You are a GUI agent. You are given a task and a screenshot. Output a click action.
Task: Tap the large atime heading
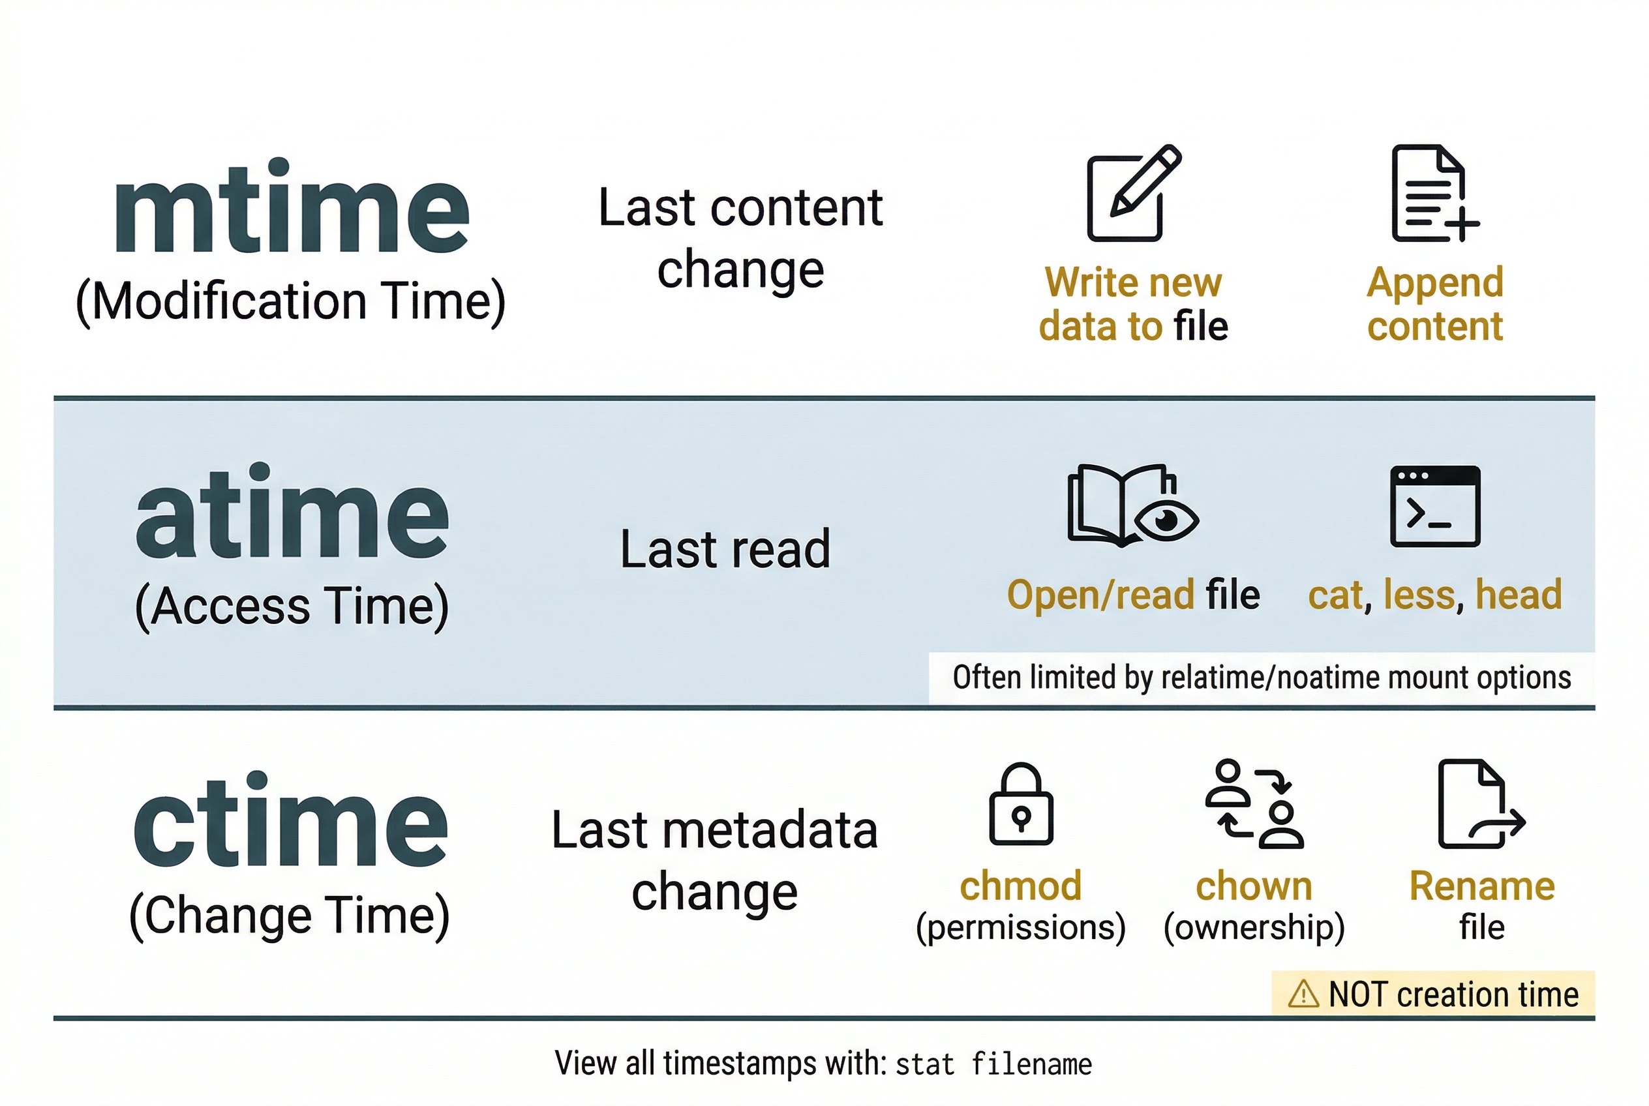pyautogui.click(x=292, y=513)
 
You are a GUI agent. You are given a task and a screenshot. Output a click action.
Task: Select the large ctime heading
pyautogui.click(x=290, y=822)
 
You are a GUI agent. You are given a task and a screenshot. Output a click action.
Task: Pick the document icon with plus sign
pyautogui.click(x=1433, y=194)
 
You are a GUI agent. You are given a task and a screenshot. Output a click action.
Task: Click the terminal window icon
pyautogui.click(x=1434, y=506)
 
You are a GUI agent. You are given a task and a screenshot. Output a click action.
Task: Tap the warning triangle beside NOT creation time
pyautogui.click(x=1303, y=994)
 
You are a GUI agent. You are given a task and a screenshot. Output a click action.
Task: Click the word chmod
pyautogui.click(x=1020, y=886)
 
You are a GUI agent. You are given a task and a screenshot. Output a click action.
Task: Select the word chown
pyautogui.click(x=1254, y=886)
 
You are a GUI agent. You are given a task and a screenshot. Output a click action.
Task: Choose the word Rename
pyautogui.click(x=1482, y=886)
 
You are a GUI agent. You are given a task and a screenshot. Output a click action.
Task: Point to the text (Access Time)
pyautogui.click(x=292, y=606)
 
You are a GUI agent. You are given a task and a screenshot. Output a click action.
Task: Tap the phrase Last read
pyautogui.click(x=725, y=549)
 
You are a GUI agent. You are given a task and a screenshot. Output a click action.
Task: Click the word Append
pyautogui.click(x=1434, y=283)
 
